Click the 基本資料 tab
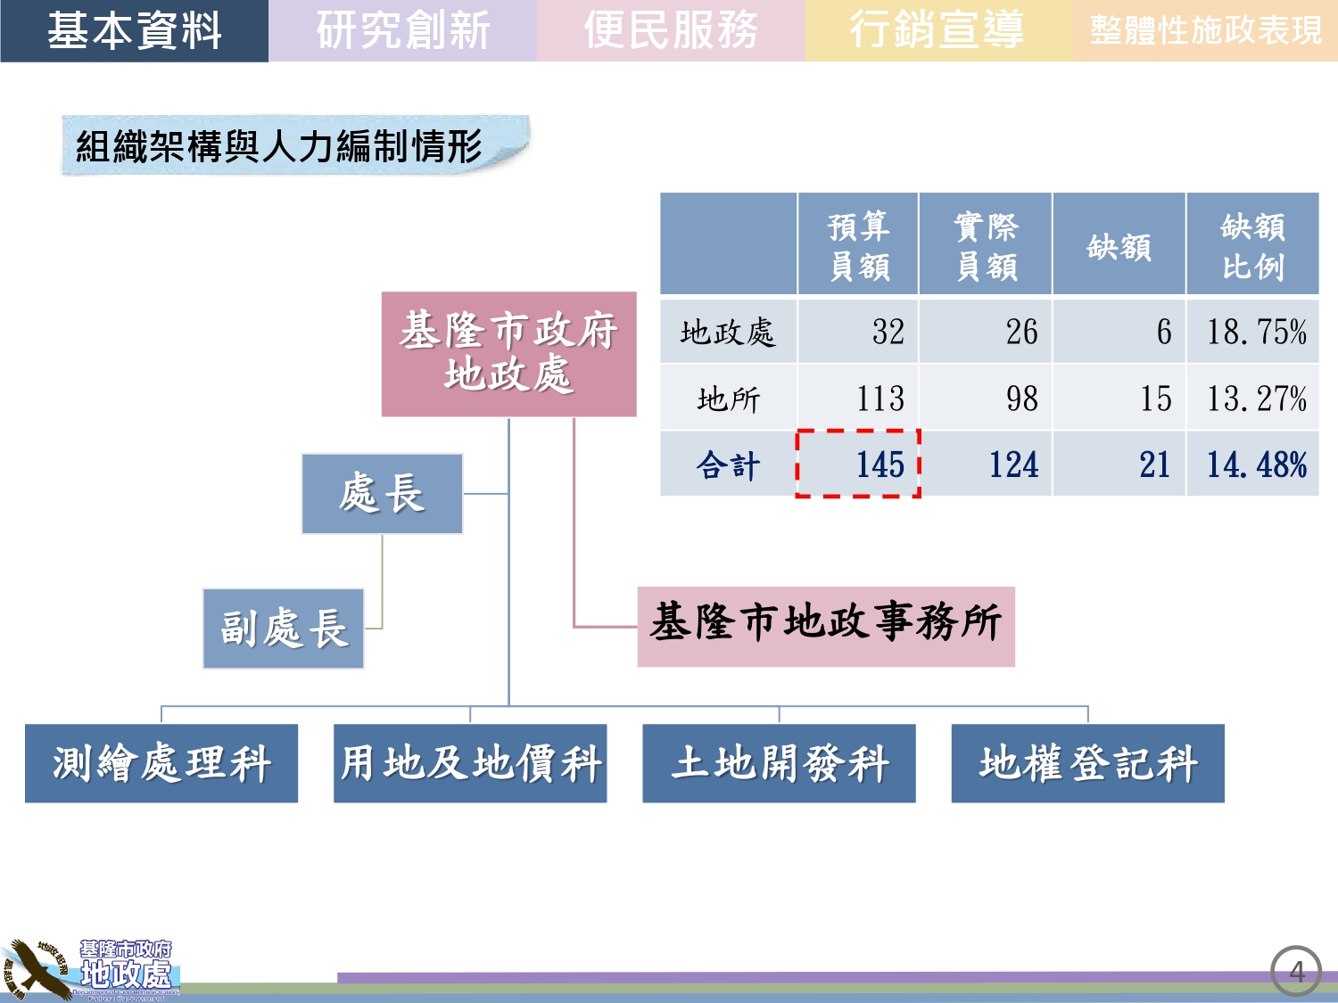click(x=134, y=31)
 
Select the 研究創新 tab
click(x=402, y=31)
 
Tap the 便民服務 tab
click(x=670, y=31)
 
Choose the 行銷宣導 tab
click(x=937, y=31)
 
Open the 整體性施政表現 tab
click(x=1205, y=31)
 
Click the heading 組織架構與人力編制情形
click(x=279, y=146)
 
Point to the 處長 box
click(x=382, y=494)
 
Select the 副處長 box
click(x=284, y=629)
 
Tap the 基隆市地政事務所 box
click(x=826, y=626)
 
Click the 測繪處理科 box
click(x=161, y=763)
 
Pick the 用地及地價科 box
click(x=470, y=763)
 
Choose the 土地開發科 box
click(x=779, y=763)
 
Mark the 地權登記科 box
click(x=1087, y=763)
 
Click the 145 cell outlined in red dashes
click(x=858, y=464)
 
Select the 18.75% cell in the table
click(x=1253, y=332)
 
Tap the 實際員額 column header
click(x=986, y=244)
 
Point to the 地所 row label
click(x=729, y=399)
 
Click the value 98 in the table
click(x=1021, y=399)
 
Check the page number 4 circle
click(x=1296, y=971)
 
